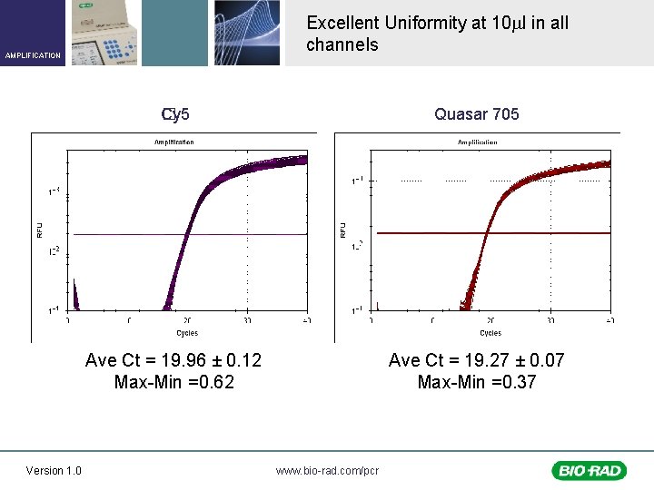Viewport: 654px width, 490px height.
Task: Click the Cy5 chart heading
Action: click(x=175, y=114)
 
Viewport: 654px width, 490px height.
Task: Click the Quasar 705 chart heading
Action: click(x=476, y=114)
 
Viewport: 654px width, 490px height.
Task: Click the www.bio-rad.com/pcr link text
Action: click(x=327, y=470)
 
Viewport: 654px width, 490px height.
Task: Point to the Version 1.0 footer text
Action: click(x=54, y=470)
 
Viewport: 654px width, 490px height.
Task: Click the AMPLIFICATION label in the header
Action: click(x=33, y=55)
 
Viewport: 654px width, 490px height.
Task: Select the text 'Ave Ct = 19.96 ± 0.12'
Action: click(x=173, y=360)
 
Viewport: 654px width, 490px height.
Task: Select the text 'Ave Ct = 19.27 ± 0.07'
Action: click(x=476, y=360)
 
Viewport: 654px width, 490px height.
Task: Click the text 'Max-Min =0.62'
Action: click(x=173, y=382)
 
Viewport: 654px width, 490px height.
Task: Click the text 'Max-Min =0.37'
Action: click(x=476, y=382)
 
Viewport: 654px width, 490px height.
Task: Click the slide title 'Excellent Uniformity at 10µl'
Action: click(x=437, y=23)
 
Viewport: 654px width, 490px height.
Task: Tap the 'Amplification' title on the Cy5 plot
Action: click(x=173, y=142)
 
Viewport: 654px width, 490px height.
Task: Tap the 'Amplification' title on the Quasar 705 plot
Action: click(x=477, y=142)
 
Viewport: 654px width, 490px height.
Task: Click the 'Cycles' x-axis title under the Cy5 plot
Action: click(x=186, y=333)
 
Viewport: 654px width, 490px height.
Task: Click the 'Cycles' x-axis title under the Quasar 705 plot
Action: click(x=490, y=333)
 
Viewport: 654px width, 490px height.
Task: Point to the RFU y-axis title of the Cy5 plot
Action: click(x=39, y=231)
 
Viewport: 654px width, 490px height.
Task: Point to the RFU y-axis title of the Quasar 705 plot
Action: click(x=342, y=231)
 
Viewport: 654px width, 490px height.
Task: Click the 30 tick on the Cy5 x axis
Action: click(x=247, y=320)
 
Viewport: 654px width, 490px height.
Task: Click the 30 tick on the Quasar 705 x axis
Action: click(x=550, y=320)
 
